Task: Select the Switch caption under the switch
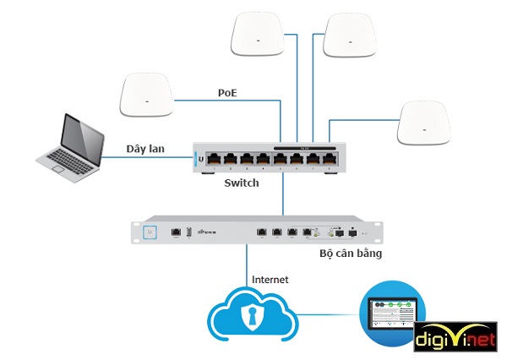coord(242,183)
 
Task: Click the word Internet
coord(270,279)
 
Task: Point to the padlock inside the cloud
coord(248,317)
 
